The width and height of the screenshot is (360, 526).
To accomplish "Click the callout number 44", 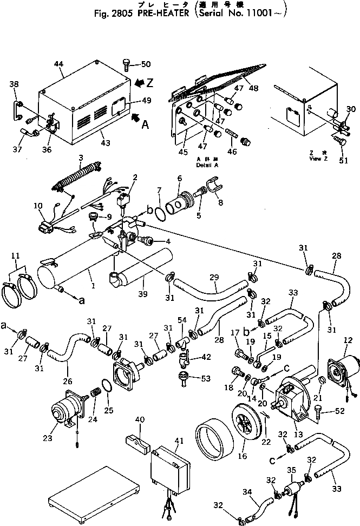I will pos(59,64).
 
